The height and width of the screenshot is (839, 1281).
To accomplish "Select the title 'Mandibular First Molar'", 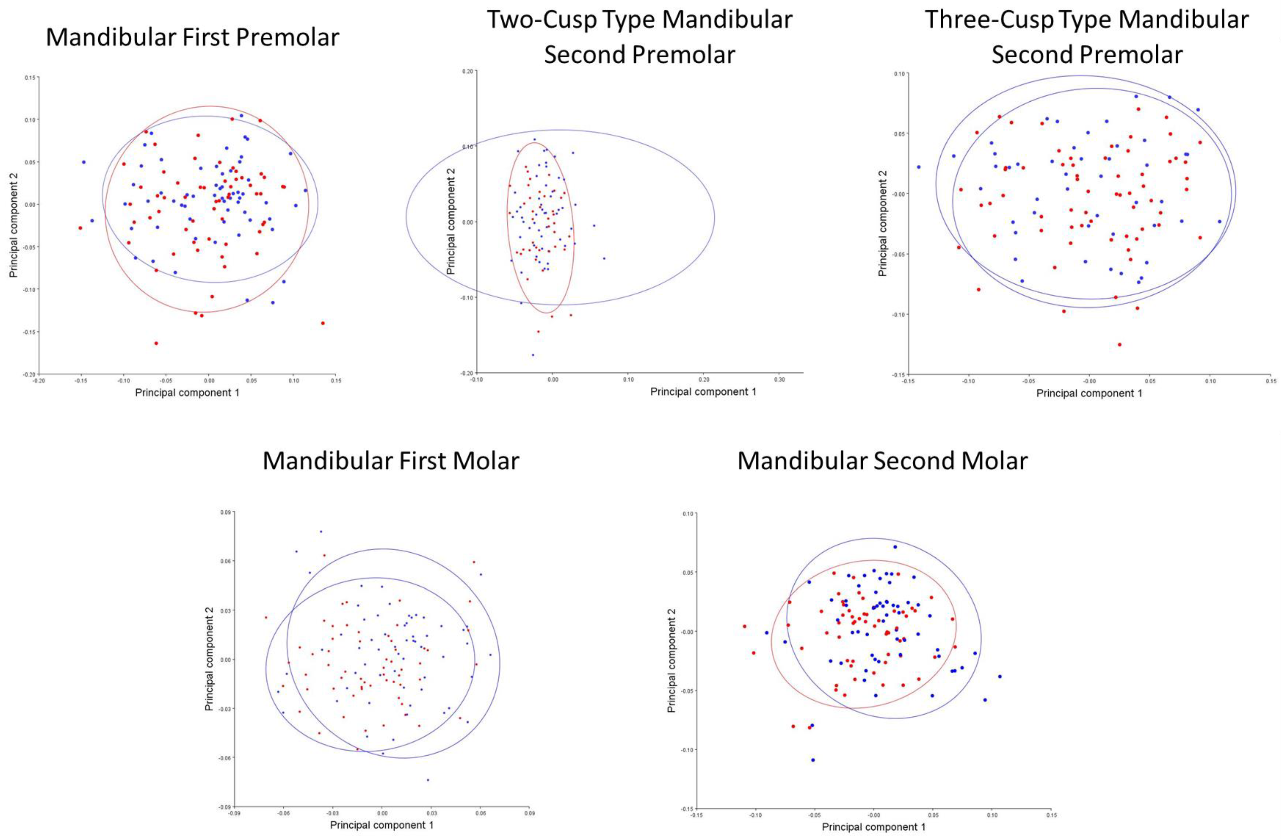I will click(391, 461).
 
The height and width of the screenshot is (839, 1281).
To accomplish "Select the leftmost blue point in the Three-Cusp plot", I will click(919, 167).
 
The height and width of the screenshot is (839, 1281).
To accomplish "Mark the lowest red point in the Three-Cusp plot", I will click(1120, 345).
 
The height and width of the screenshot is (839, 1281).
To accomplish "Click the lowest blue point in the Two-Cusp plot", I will click(533, 355).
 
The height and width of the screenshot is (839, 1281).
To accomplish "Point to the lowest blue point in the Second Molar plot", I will click(813, 760).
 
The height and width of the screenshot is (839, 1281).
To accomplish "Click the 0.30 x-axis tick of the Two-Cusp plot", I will click(779, 379).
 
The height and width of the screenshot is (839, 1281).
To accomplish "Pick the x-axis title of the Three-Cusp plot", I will click(1089, 393).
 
